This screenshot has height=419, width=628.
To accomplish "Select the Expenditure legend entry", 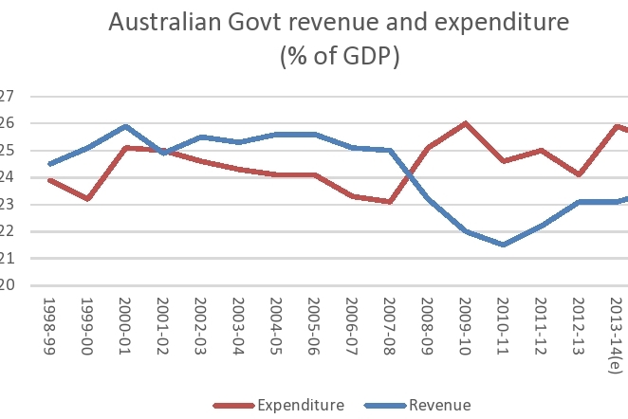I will (x=300, y=406).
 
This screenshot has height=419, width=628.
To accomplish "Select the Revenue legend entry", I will (x=439, y=406).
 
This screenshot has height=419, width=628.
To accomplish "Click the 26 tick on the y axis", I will (x=7, y=123).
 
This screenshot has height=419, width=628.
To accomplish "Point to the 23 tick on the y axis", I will (x=7, y=205).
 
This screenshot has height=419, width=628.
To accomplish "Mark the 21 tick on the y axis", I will (x=7, y=259).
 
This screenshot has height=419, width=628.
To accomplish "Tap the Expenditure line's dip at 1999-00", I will (x=87, y=199).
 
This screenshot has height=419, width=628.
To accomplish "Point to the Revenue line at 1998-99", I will (x=48, y=164).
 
